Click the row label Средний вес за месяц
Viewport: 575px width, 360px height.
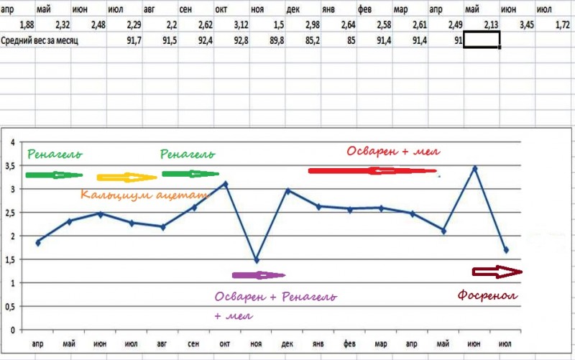click(x=40, y=40)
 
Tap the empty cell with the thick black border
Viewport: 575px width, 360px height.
click(x=482, y=40)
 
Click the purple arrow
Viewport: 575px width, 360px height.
click(x=258, y=274)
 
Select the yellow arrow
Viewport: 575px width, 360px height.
click(x=126, y=177)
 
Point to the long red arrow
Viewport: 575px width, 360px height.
click(x=372, y=171)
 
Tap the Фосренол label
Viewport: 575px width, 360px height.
click(x=487, y=296)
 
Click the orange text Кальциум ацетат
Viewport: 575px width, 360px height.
click(x=144, y=195)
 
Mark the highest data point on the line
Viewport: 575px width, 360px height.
click(x=474, y=169)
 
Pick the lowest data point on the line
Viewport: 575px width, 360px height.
click(x=256, y=260)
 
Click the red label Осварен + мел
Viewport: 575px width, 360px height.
click(x=393, y=152)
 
